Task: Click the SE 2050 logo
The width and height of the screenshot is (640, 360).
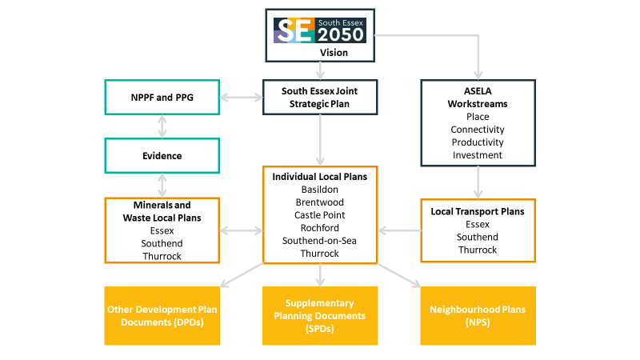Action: coord(319,30)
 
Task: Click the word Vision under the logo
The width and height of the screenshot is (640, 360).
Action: coord(334,53)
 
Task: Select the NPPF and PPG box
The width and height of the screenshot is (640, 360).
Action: coord(162,97)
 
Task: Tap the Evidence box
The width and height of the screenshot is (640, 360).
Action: coord(162,155)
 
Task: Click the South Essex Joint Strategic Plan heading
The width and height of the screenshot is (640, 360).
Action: coord(319,97)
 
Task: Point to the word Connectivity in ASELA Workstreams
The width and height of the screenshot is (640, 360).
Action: coord(478,130)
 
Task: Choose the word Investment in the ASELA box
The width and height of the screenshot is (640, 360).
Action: coord(478,155)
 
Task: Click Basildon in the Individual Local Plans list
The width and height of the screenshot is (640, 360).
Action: coord(319,190)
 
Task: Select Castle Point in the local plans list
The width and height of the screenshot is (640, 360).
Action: coord(319,215)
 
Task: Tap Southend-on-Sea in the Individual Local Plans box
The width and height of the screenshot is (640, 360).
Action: coord(319,241)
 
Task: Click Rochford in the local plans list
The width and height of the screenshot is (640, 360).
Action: coord(319,228)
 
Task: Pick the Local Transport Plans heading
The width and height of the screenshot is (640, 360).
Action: coord(478,211)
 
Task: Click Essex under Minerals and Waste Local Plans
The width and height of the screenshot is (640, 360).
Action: coord(162,230)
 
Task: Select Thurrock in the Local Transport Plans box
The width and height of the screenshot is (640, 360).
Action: coord(478,250)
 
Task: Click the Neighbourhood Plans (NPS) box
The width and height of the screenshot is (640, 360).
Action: coord(478,316)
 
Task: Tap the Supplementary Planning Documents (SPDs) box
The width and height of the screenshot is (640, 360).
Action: coord(320,316)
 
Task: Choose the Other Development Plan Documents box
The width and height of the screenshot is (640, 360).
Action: coord(162,316)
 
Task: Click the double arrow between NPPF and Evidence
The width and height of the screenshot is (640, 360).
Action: coord(162,126)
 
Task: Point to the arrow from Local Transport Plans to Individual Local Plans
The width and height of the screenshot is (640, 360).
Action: coord(399,230)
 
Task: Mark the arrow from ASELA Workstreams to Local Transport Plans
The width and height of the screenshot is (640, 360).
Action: coord(478,182)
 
